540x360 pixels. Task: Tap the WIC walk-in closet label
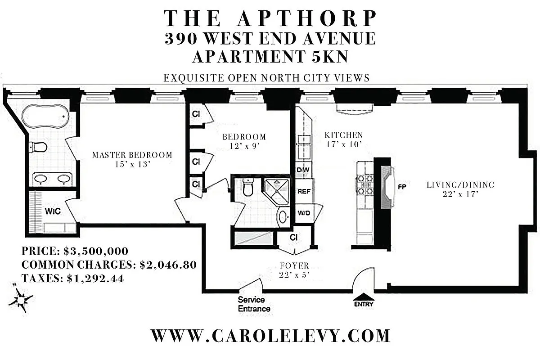click(53, 211)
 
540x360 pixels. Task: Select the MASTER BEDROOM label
click(132, 155)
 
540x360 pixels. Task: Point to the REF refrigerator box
click(303, 191)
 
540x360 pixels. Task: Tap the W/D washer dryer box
click(304, 212)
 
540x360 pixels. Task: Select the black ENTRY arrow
click(364, 297)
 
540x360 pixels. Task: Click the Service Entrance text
click(254, 304)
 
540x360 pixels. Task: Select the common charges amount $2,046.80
click(168, 265)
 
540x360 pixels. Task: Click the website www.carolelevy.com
click(270, 336)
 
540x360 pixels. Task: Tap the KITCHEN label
click(344, 135)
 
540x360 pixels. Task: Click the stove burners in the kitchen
click(365, 184)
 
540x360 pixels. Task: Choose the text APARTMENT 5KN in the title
click(270, 58)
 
